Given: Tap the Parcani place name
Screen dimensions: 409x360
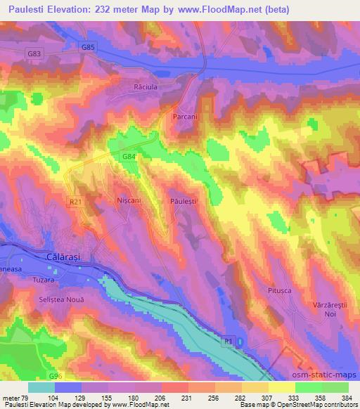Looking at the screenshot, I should coord(184,117).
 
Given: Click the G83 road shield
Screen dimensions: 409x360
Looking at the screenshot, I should coord(33,53).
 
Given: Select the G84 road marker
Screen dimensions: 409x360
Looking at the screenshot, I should coord(128,157).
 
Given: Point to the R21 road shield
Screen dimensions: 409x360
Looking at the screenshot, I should coord(75,202).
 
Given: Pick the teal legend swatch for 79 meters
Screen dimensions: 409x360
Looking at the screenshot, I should coord(41,387).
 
